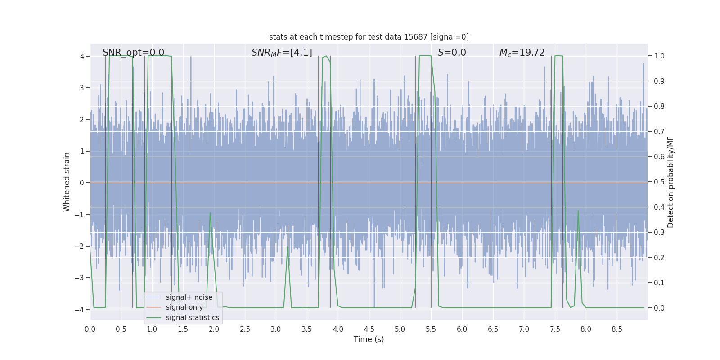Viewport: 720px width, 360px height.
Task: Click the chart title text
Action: tap(369, 37)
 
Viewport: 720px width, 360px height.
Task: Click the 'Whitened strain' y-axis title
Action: tap(67, 182)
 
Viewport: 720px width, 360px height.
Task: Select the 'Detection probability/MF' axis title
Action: tap(670, 182)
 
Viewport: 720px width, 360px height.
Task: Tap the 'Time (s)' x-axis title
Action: tap(369, 339)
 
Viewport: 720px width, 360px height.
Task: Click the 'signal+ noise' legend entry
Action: tap(189, 297)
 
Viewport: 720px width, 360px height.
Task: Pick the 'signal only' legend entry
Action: tap(184, 307)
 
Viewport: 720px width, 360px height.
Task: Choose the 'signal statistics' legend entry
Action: tap(192, 318)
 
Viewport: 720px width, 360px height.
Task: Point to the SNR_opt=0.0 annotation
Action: tap(133, 53)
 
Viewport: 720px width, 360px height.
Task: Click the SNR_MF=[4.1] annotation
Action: tap(282, 53)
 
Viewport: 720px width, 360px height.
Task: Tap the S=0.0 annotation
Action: tap(452, 53)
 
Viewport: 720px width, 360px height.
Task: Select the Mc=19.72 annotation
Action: tap(522, 53)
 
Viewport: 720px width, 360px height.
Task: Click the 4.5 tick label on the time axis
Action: tap(369, 329)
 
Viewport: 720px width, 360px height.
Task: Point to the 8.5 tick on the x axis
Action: tap(617, 329)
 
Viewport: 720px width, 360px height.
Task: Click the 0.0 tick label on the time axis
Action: tap(90, 329)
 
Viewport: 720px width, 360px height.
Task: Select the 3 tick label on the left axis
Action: tap(82, 88)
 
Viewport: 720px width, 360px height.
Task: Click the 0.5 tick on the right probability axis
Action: tap(659, 182)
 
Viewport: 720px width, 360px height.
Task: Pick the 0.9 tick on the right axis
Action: tap(659, 81)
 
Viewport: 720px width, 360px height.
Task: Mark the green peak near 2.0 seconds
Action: tap(210, 213)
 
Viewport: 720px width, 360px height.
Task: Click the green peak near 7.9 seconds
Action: tap(578, 211)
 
